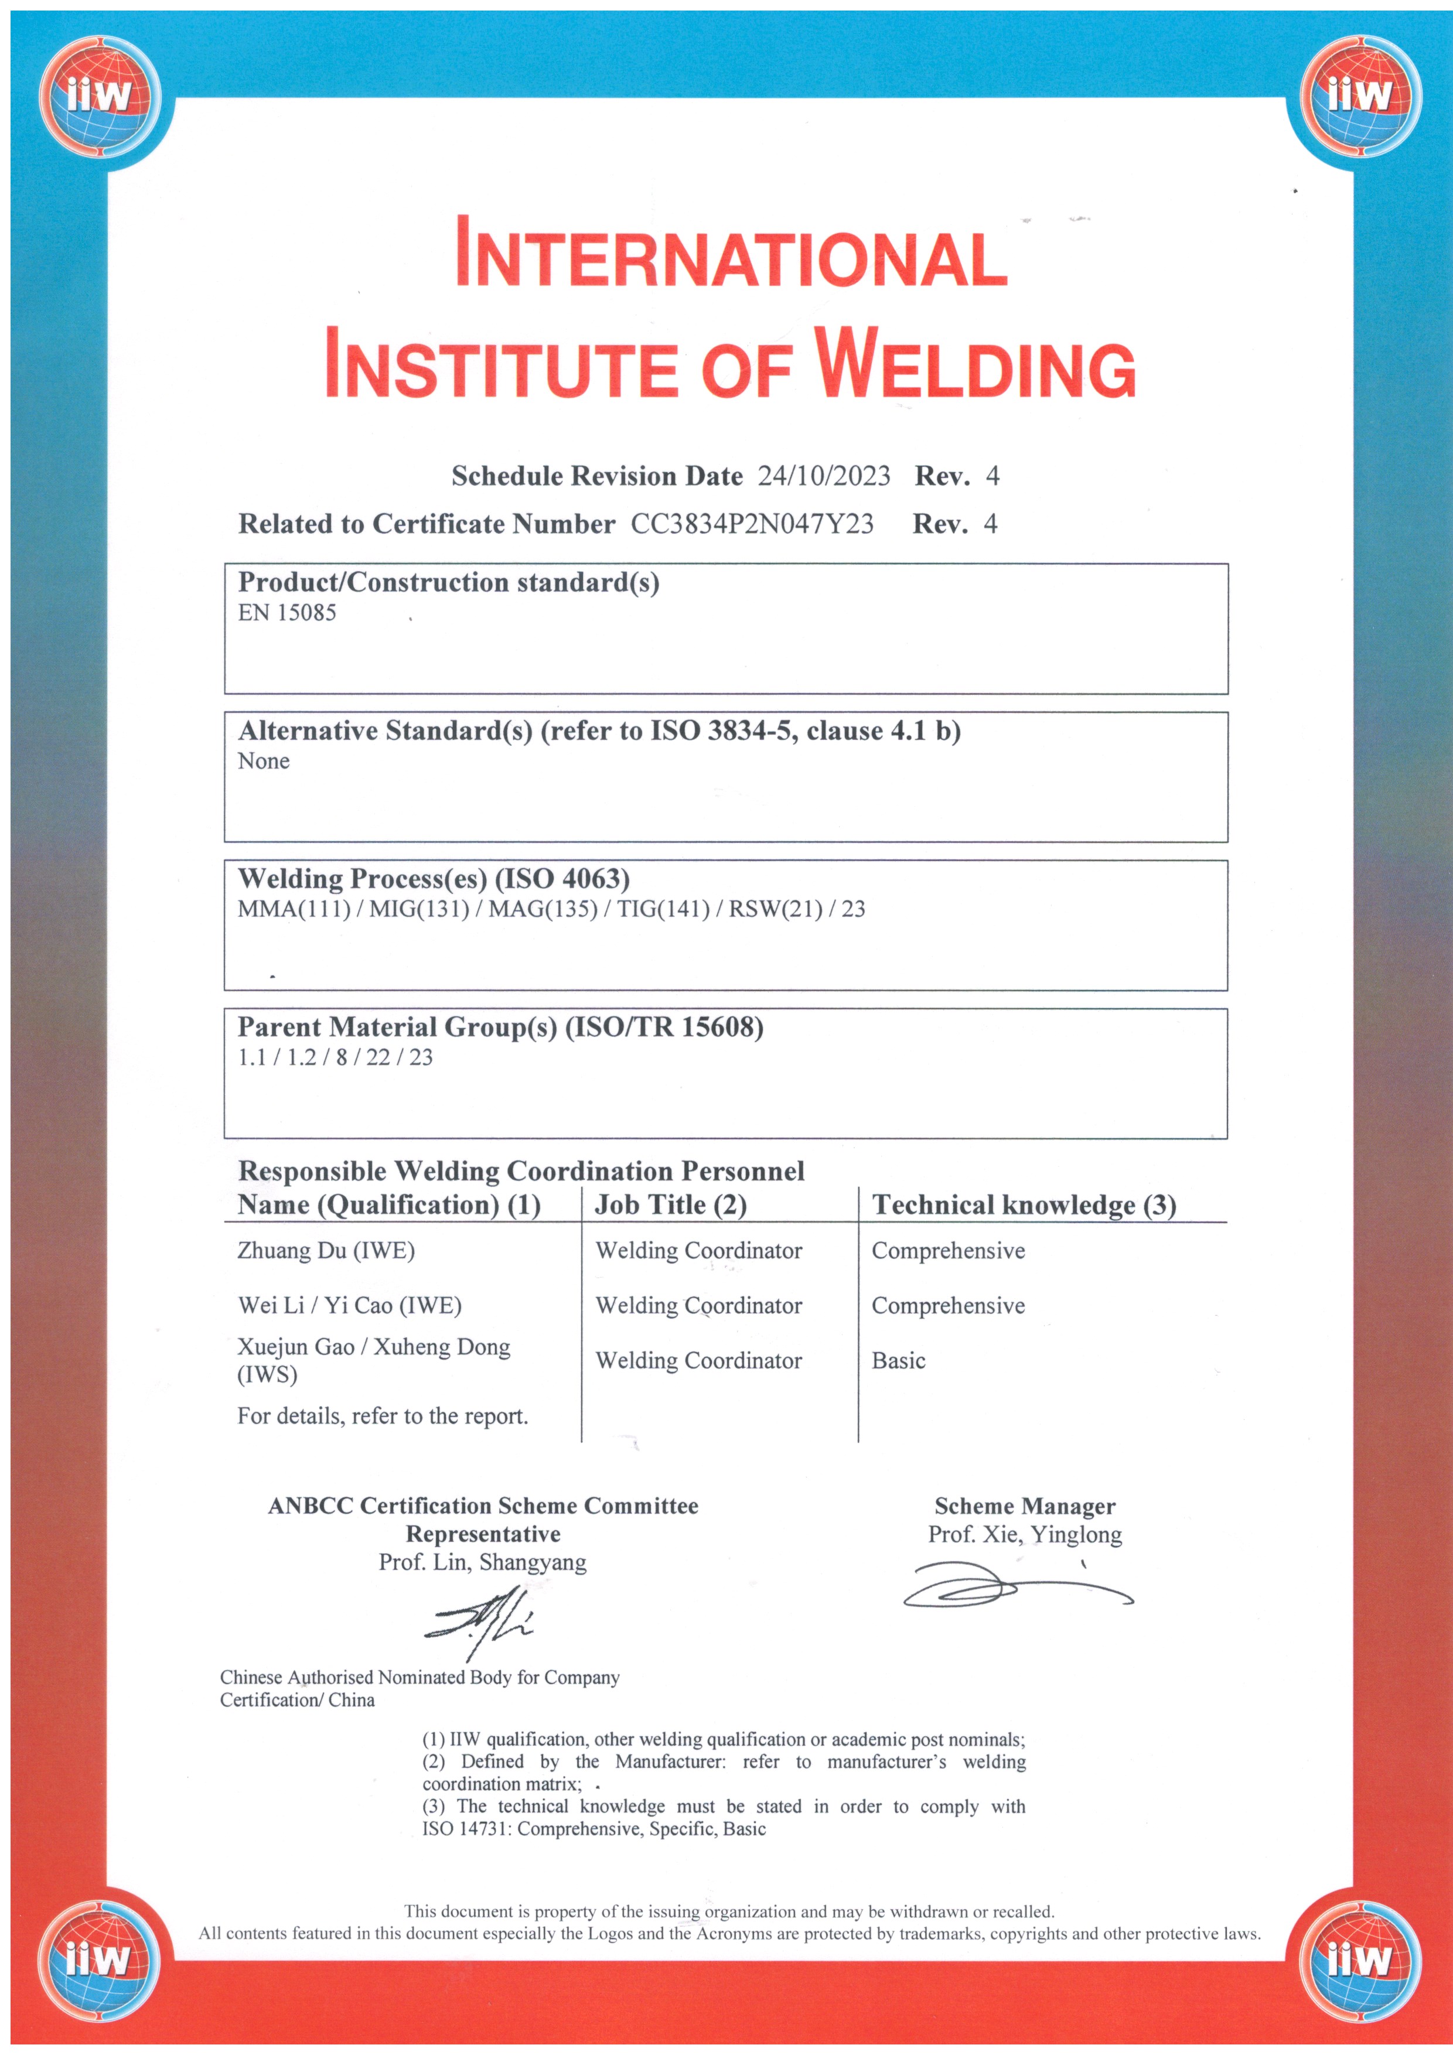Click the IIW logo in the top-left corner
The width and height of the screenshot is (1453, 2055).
tap(100, 95)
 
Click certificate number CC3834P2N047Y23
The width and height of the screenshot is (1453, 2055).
tap(752, 524)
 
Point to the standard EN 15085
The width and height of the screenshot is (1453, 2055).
tap(286, 613)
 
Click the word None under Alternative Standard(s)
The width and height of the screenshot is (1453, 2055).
tap(263, 762)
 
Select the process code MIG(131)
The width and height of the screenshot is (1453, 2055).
tap(419, 909)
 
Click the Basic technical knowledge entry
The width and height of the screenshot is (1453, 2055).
tap(898, 1361)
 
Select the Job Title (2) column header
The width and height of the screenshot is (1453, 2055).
tap(670, 1206)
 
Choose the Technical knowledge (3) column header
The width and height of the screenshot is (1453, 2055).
tap(1024, 1206)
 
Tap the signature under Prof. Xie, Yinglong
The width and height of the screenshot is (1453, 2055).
tap(1015, 1587)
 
